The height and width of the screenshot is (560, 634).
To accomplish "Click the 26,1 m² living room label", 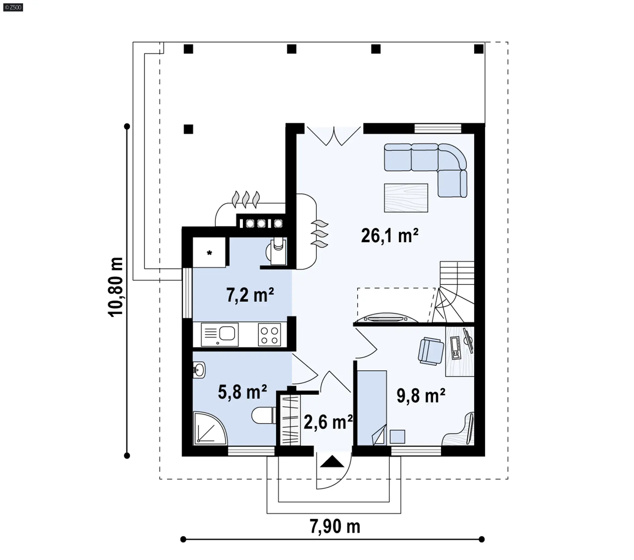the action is click(390, 236).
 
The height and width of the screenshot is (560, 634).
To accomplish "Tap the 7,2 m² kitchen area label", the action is click(250, 295).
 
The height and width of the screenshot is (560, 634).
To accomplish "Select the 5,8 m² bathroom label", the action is click(242, 392).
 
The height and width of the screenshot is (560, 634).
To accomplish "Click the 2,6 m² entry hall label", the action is click(328, 422).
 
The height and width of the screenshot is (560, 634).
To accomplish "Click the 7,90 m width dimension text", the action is click(335, 526).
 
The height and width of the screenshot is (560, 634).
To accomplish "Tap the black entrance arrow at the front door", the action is click(332, 461).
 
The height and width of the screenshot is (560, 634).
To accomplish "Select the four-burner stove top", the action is click(269, 335).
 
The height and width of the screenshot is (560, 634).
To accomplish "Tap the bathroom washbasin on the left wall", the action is click(199, 370).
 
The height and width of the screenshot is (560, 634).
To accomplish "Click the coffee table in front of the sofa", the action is click(406, 198).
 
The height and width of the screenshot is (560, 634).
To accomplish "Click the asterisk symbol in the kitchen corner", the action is click(209, 253).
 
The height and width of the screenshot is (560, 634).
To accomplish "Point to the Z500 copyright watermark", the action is click(13, 7).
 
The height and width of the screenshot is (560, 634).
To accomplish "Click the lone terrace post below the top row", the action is click(188, 129).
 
